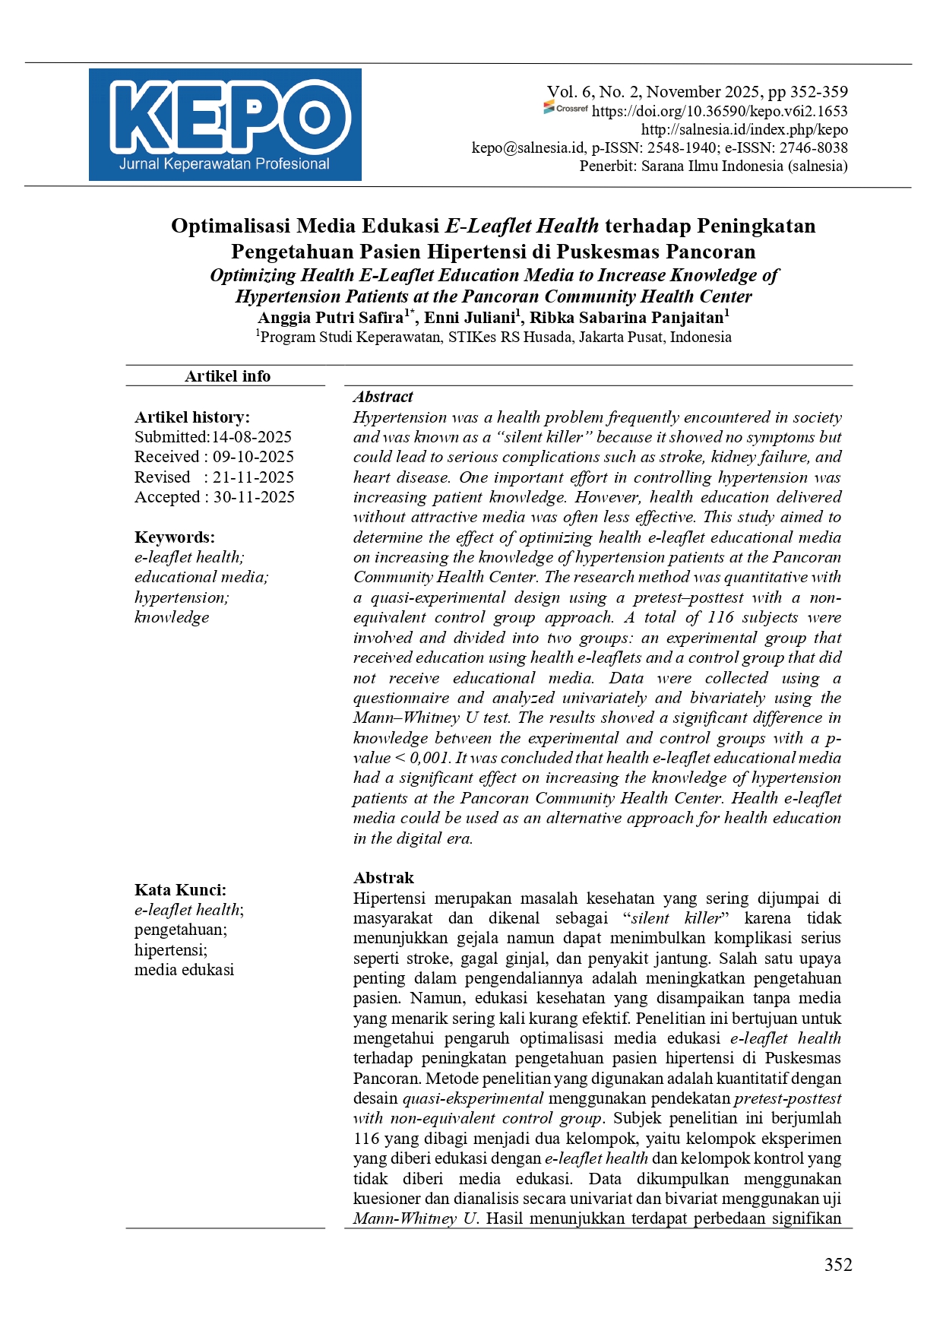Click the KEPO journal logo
225,125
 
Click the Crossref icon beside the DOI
566,109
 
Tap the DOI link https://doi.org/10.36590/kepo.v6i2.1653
720,111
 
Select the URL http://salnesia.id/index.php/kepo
744,129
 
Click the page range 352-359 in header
818,92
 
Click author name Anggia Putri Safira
331,318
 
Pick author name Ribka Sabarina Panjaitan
626,318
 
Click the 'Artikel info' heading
227,375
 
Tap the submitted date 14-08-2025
252,437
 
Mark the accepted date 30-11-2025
254,497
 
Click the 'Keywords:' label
175,537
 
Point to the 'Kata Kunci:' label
180,890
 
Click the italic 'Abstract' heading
383,397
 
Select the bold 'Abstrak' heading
384,878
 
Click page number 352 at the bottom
838,1265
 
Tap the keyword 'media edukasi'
184,970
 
